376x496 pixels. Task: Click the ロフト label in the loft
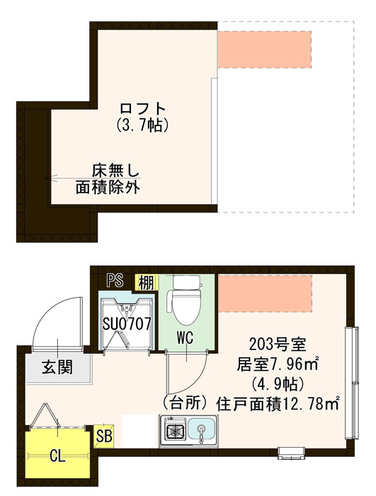143,109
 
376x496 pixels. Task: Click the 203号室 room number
277,345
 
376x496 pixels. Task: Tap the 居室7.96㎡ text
277,365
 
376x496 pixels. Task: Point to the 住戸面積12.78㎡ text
279,405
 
